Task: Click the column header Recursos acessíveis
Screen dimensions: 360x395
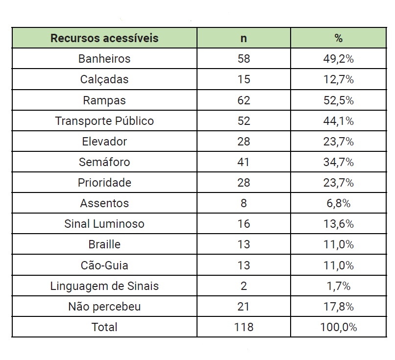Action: point(104,38)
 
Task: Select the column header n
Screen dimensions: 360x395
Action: point(244,38)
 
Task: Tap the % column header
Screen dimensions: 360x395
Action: point(338,38)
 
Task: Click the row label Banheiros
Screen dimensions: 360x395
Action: point(104,59)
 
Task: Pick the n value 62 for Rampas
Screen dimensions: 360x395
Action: point(244,100)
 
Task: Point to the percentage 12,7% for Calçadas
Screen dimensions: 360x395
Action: point(338,80)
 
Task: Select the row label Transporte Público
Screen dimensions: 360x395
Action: point(104,121)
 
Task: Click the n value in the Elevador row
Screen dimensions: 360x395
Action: point(244,142)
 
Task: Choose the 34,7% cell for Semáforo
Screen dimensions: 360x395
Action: point(338,162)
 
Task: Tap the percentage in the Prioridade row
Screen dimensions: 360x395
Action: point(338,183)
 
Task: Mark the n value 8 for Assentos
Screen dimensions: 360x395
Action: point(244,203)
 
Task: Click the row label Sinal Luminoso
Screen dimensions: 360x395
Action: point(104,224)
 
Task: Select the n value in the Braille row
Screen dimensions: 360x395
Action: point(244,244)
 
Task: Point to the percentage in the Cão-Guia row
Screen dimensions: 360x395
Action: point(338,265)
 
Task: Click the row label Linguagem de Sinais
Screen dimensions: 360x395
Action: point(104,286)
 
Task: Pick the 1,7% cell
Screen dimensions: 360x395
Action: point(338,286)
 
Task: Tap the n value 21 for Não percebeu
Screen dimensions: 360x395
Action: point(244,307)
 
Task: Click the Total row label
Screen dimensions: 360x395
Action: point(104,327)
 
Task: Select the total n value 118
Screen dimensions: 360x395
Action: point(244,327)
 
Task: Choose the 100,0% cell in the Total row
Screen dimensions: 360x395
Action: point(338,327)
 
